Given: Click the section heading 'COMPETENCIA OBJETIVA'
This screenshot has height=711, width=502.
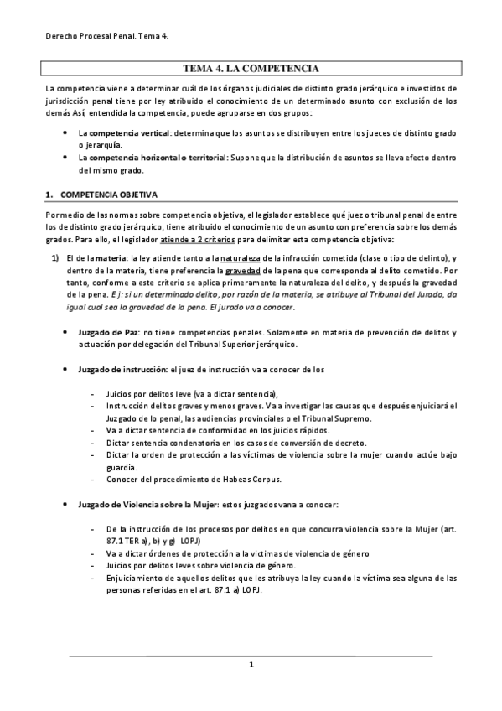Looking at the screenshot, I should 108,195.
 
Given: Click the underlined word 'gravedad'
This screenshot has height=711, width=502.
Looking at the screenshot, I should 243,272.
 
